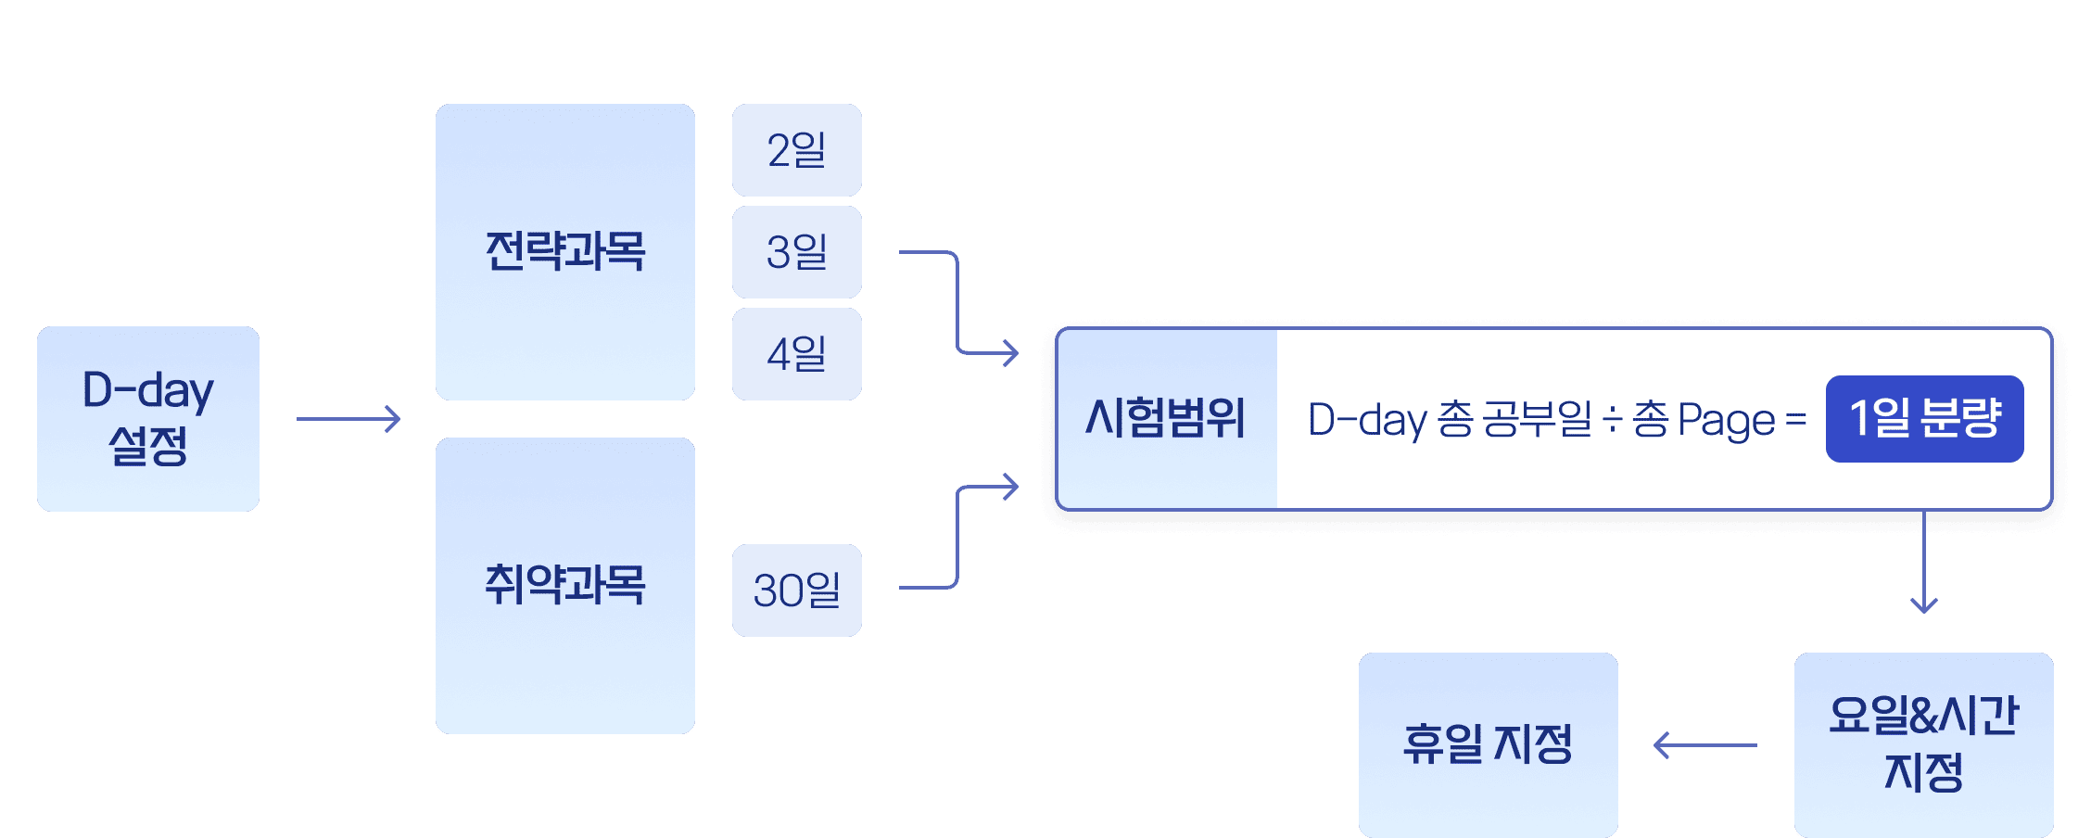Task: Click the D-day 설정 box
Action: point(148,418)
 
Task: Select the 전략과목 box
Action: point(564,251)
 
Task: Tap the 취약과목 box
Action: point(564,585)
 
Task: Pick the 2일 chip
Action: point(796,150)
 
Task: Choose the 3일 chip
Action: point(796,252)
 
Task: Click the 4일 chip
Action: point(796,354)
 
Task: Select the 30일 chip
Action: point(796,590)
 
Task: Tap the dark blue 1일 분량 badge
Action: point(1924,419)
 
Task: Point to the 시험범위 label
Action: point(1165,418)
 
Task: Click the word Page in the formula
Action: point(1726,421)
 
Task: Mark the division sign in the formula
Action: point(1612,420)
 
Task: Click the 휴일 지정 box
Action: point(1488,744)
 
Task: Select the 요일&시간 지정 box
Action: point(1923,744)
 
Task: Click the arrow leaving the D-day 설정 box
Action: point(348,419)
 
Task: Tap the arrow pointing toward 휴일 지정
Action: point(1705,744)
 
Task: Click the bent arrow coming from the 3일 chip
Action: point(958,301)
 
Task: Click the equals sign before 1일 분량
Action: point(1796,420)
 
